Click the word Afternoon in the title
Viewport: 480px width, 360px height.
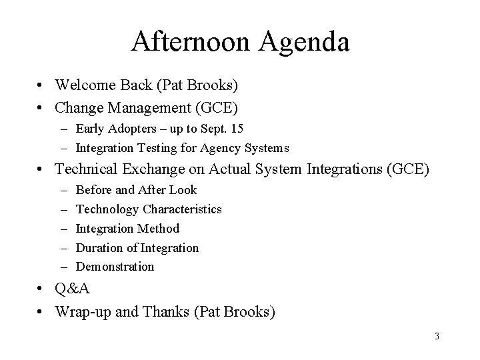point(191,41)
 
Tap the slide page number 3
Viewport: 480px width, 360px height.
point(437,336)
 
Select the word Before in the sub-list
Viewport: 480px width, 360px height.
point(93,190)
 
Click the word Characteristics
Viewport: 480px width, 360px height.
point(181,209)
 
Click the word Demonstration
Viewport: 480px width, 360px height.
point(115,267)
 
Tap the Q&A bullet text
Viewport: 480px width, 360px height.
point(72,289)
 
